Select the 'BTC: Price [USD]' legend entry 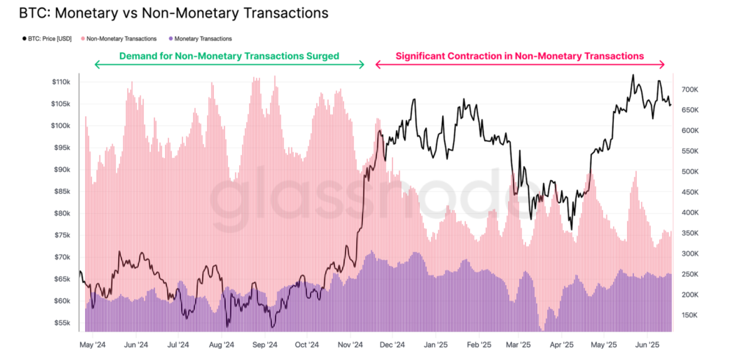tap(52, 38)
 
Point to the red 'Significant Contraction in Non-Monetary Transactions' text tap(519, 56)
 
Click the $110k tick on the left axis tap(60, 82)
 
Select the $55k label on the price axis tap(62, 323)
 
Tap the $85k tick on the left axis tap(62, 192)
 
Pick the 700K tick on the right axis tap(691, 90)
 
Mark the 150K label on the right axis tap(691, 315)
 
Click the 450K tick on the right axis tap(691, 192)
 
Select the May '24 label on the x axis tap(93, 344)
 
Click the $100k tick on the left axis tap(60, 126)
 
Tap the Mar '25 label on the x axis tap(519, 344)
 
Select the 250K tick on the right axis tap(691, 274)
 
